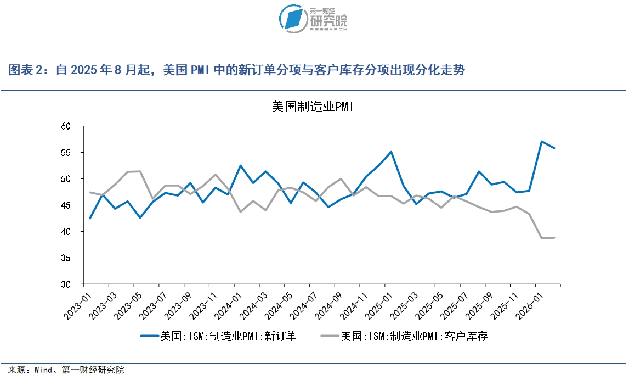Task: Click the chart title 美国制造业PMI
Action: tap(313, 107)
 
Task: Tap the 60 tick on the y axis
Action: tap(66, 126)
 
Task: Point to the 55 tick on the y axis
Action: tap(66, 153)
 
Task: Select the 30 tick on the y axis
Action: tap(66, 284)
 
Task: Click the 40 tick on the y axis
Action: tap(66, 232)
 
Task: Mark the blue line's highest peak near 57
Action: tap(542, 141)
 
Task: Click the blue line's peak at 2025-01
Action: tap(391, 152)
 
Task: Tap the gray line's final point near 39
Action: tap(554, 237)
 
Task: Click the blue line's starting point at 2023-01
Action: tap(90, 218)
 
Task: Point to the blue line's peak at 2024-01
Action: tap(240, 165)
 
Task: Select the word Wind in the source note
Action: tap(45, 370)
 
